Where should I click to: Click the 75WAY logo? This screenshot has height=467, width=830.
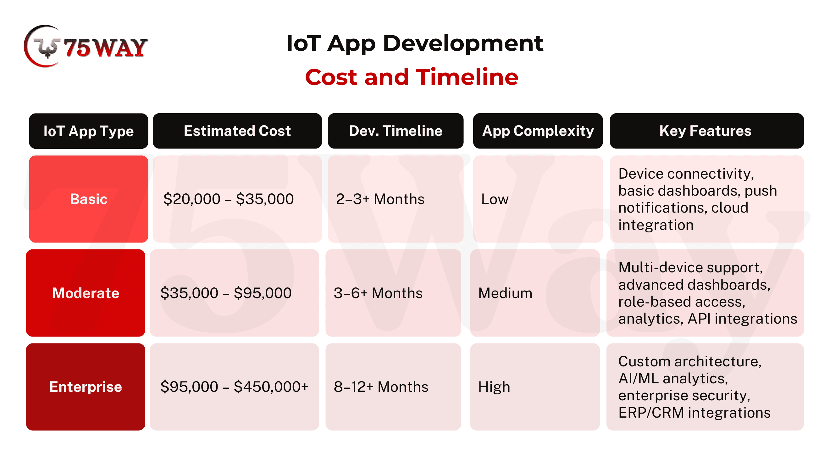pos(86,47)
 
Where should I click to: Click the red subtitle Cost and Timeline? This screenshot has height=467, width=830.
pos(412,77)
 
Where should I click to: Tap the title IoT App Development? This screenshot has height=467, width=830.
pos(415,43)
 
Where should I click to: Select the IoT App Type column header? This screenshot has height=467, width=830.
pos(89,131)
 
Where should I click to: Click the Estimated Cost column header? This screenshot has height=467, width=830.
pos(237,131)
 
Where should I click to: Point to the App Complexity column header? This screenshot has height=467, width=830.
pos(537,131)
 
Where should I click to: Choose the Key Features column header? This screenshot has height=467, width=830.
pos(706,131)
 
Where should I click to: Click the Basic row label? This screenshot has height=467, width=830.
pos(89,199)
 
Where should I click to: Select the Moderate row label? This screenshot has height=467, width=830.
pos(86,293)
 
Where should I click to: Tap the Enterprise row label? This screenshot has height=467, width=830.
pos(86,387)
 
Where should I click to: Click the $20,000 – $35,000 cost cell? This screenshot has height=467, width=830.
pos(237,199)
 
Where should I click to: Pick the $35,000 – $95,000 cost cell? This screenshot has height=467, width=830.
pos(234,293)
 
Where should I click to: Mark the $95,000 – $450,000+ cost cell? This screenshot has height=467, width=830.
pos(234,387)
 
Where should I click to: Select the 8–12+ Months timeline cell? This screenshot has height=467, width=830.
pos(393,387)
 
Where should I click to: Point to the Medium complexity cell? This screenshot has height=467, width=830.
pos(535,293)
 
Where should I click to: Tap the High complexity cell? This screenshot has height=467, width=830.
pos(535,387)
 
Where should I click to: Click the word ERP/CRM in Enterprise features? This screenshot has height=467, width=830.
pos(651,413)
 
